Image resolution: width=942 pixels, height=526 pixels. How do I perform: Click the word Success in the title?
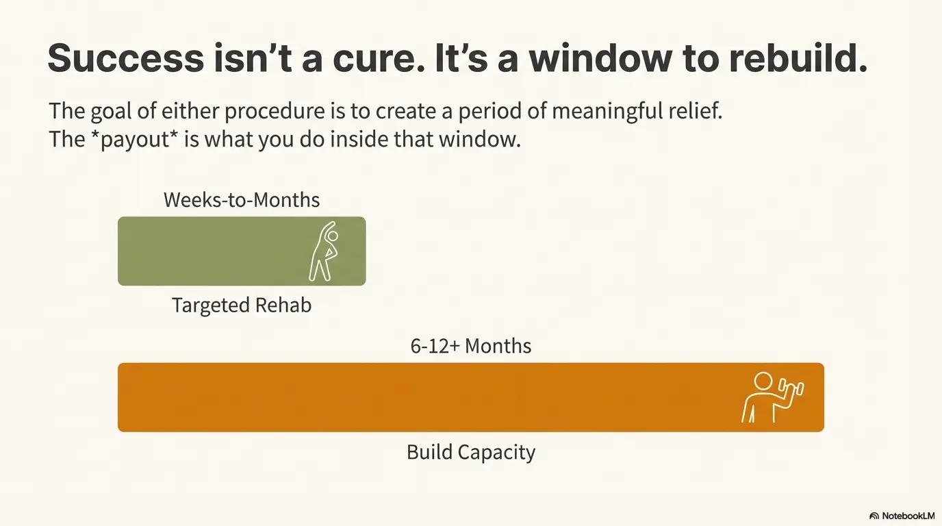tap(125, 58)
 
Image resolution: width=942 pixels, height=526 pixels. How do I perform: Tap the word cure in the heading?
tap(370, 58)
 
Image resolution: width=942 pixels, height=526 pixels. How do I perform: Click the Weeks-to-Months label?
tap(242, 200)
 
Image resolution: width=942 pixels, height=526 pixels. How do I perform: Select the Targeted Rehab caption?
tap(242, 305)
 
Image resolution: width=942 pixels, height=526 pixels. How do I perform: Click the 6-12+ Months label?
tap(471, 346)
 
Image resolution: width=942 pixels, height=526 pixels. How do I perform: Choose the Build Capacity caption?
tap(471, 452)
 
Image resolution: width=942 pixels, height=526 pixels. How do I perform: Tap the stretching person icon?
tap(324, 251)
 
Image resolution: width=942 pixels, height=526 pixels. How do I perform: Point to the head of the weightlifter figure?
tap(763, 381)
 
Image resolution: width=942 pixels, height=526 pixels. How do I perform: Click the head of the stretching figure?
tap(333, 236)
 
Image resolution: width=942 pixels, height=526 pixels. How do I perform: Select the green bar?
tap(205, 251)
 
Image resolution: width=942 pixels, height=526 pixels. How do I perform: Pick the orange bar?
tap(411, 397)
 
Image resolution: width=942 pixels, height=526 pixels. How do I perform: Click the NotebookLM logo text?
tap(906, 516)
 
